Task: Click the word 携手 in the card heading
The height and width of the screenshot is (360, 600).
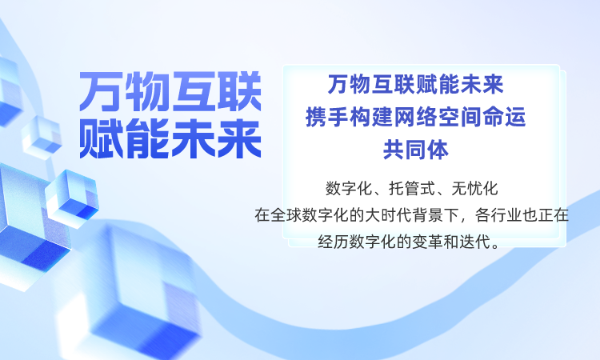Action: [x=326, y=117]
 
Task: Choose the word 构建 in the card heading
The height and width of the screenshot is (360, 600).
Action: [x=371, y=117]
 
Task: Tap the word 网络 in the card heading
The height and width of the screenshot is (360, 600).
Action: [x=415, y=117]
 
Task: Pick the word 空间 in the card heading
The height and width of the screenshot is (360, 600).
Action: [x=460, y=117]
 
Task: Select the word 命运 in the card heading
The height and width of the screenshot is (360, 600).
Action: [x=504, y=117]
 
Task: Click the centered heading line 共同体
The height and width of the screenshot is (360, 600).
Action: [x=415, y=150]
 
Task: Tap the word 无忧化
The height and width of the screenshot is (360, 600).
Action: [x=474, y=188]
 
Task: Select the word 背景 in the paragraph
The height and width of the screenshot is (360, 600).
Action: [x=427, y=215]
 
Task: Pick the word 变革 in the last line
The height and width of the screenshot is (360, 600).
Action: [x=427, y=242]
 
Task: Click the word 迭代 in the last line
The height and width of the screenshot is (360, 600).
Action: [x=474, y=242]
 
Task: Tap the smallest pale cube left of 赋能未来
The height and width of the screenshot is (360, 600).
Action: [x=42, y=138]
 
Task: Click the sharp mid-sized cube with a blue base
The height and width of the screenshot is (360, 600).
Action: [x=71, y=198]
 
